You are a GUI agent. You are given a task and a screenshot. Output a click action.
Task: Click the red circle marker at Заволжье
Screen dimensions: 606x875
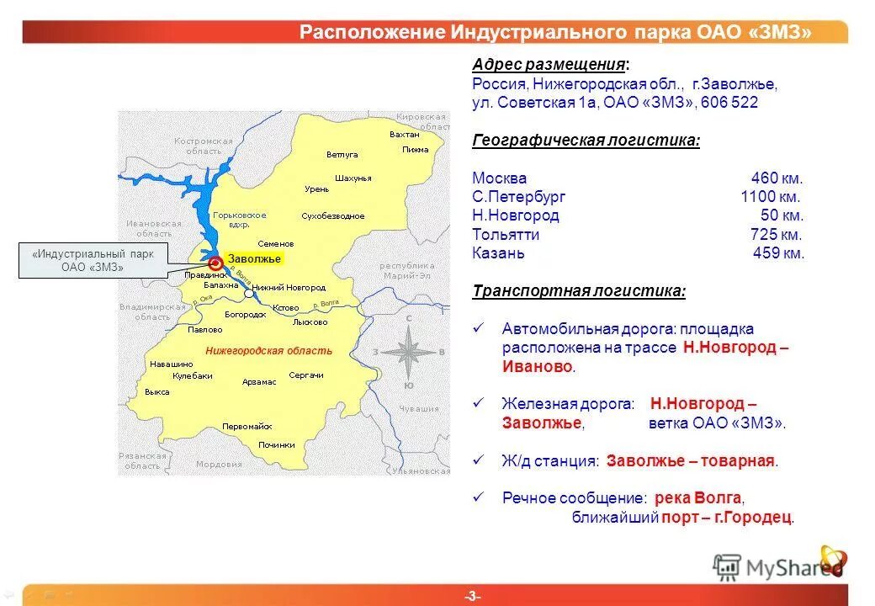(x=215, y=261)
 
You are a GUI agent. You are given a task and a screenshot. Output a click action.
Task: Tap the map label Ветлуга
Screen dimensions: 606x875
(x=342, y=155)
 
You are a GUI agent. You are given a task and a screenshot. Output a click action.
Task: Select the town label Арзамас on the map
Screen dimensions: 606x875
(x=259, y=382)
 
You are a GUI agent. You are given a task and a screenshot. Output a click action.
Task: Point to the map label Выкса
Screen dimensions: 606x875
(x=157, y=392)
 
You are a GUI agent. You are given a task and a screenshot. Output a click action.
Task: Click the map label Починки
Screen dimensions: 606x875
(x=277, y=444)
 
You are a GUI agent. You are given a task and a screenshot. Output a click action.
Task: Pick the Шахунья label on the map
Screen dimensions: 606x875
(x=353, y=178)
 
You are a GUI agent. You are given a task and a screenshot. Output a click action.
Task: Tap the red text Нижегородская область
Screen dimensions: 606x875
(x=268, y=351)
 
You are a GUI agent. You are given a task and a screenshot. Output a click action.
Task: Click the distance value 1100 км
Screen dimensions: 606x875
(x=771, y=197)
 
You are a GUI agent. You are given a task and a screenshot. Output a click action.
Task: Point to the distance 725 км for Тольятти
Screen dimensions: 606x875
(x=777, y=235)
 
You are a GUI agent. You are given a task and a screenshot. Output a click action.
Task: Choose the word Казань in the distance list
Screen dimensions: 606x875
(x=499, y=253)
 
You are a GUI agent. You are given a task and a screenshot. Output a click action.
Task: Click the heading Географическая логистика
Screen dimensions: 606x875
(x=586, y=141)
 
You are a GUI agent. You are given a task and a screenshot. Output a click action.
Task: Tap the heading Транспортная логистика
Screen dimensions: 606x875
(x=579, y=291)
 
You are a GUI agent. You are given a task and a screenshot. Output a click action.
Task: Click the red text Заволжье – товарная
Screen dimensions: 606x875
(x=692, y=461)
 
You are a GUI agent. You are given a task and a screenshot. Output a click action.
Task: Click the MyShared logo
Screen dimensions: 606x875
(x=778, y=566)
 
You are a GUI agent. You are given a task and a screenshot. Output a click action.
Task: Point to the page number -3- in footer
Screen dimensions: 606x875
(x=472, y=596)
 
